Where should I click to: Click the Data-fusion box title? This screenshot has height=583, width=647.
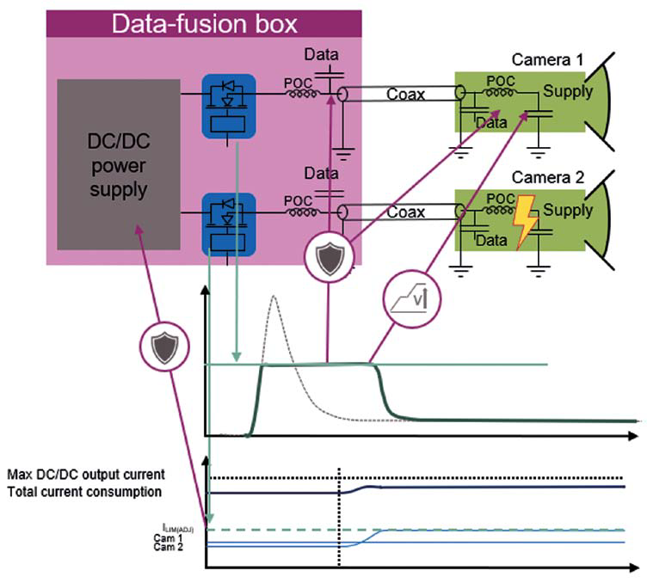(x=203, y=23)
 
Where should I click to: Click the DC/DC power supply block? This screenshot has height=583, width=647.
(x=119, y=163)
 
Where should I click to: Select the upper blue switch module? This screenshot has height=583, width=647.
(x=228, y=107)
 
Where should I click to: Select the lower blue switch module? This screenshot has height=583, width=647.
(x=228, y=224)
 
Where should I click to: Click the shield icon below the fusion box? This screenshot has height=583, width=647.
(x=328, y=259)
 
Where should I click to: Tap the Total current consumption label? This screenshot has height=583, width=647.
(x=84, y=492)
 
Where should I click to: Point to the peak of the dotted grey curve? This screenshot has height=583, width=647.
(x=273, y=297)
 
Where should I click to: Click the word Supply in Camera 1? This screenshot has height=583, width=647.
(x=568, y=91)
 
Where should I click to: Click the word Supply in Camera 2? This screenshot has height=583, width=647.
(x=568, y=210)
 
